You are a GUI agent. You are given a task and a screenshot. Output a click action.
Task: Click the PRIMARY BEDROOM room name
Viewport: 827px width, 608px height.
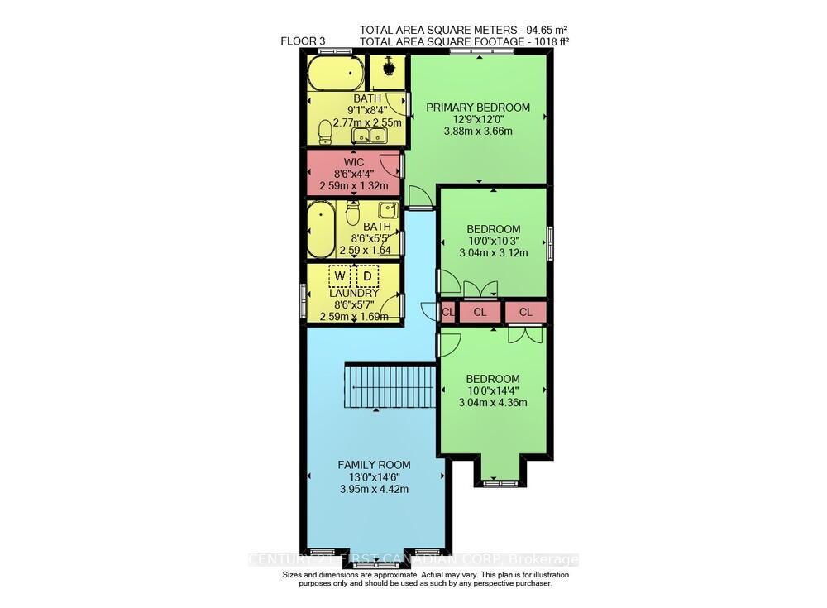click(478, 108)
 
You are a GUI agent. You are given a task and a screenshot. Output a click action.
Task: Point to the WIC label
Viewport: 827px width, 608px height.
click(353, 161)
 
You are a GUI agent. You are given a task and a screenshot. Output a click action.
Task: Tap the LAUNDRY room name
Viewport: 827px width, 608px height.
click(353, 293)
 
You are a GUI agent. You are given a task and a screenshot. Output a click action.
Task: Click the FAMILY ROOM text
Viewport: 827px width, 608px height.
click(374, 465)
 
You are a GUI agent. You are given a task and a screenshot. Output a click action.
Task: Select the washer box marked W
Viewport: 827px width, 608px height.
click(340, 275)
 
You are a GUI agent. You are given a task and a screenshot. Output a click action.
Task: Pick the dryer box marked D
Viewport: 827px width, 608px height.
click(366, 275)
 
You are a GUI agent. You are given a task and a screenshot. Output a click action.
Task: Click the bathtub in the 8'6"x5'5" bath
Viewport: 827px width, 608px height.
click(319, 231)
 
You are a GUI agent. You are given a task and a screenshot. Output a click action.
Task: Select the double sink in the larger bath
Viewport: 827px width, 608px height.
click(369, 136)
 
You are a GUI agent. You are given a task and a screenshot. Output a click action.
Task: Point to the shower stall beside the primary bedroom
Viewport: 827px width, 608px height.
click(386, 74)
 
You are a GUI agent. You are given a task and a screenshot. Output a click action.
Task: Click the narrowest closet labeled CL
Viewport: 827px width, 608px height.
click(447, 312)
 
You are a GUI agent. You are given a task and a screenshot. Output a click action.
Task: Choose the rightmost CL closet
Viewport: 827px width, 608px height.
click(526, 312)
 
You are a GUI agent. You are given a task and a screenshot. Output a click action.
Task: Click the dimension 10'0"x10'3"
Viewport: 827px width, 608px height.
click(494, 242)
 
